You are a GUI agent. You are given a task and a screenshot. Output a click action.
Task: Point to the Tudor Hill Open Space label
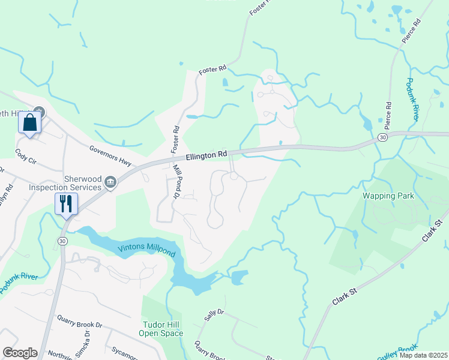coord(160,328)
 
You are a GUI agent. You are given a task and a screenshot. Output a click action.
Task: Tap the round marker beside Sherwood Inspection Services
coord(110,182)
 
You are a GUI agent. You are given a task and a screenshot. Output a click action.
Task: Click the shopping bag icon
coord(29,123)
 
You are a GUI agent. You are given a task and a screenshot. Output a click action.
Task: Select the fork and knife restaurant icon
coord(65,203)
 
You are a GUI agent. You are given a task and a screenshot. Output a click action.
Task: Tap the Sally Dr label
coord(214,316)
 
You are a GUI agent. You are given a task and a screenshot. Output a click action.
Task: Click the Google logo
coord(20,353)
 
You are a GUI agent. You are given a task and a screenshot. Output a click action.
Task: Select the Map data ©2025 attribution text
coord(423,355)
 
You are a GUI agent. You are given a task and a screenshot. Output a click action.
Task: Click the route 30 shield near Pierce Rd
coord(382,138)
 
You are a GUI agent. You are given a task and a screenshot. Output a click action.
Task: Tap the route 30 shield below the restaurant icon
coord(62,241)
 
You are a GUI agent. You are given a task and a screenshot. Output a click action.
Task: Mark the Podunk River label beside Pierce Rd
coord(411,100)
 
